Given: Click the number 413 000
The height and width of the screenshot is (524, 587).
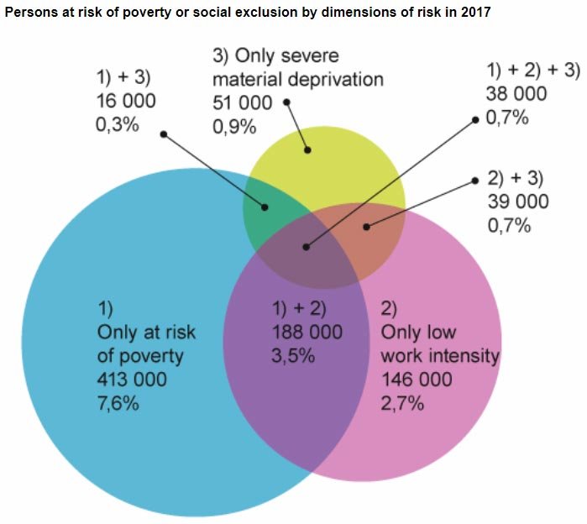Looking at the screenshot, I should [132, 380].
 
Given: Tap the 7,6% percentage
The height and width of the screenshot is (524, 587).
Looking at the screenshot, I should [118, 404].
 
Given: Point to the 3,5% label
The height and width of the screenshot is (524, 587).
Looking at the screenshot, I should [291, 355].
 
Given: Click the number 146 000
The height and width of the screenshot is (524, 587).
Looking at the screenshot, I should [417, 380].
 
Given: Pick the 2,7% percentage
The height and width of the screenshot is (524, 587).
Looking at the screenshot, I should [403, 404].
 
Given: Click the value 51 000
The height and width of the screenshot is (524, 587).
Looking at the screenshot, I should [242, 103].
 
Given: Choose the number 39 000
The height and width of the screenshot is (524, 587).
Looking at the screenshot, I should [517, 202].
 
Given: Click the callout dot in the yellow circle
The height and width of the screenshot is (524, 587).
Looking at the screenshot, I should [308, 150].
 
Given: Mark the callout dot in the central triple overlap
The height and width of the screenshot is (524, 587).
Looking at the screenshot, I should [306, 248].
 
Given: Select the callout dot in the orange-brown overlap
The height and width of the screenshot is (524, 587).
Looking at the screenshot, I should [365, 226].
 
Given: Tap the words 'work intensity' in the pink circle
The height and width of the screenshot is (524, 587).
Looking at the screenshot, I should [440, 355].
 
